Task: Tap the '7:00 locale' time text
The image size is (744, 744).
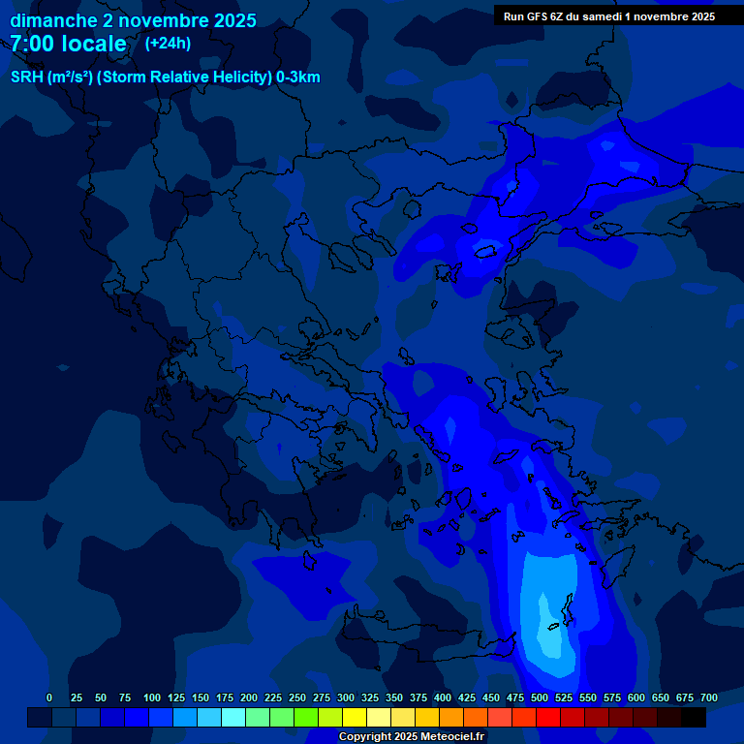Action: point(68,44)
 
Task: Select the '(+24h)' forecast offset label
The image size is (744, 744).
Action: point(168,44)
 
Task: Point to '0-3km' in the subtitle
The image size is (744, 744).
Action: point(297,77)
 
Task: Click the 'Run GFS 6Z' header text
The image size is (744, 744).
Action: point(538,16)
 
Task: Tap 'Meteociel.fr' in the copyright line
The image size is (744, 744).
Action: point(448,737)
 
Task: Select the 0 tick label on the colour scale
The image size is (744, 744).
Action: point(49,697)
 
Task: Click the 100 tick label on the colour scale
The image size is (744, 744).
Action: point(152,697)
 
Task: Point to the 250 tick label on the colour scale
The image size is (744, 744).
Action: point(297,697)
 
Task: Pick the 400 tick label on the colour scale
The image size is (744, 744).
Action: point(443,697)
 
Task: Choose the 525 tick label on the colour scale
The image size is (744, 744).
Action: point(564,697)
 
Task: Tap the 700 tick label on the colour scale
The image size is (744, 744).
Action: point(709,697)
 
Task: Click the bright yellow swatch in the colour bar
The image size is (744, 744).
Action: point(355,717)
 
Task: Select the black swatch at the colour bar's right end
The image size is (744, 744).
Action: point(694,717)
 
